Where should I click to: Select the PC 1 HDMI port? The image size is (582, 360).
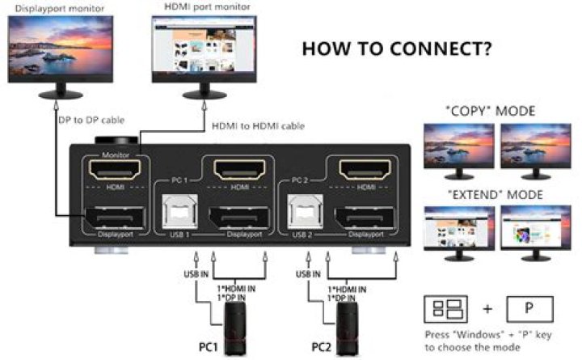(239, 171)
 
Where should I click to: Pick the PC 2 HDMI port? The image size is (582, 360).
(365, 171)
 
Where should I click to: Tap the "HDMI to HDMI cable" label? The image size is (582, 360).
(256, 126)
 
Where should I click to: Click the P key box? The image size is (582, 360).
(529, 309)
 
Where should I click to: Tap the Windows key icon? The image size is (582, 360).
(446, 309)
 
